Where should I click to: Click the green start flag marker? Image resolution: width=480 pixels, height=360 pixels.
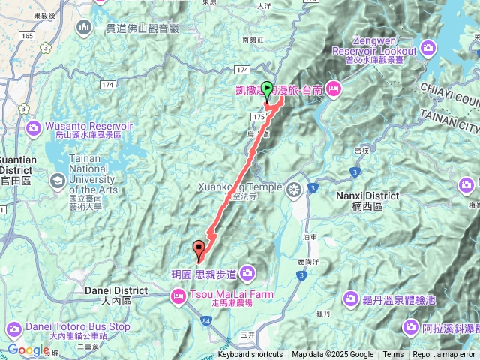(x=268, y=88)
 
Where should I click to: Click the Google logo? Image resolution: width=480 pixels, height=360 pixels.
(x=28, y=350)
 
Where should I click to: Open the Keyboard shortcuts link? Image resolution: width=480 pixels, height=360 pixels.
(x=250, y=355)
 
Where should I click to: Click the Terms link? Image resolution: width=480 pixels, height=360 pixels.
(x=393, y=355)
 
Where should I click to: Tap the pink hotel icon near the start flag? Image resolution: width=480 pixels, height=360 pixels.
(x=334, y=89)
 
